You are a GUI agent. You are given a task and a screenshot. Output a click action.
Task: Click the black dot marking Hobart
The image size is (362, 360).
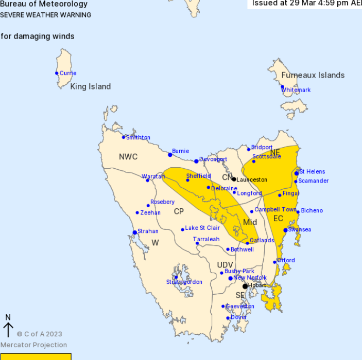[x=245, y=286]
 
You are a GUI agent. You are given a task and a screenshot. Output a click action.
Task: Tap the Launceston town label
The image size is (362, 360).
[x=252, y=179]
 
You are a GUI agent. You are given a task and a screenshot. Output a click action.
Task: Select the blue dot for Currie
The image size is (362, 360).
[x=57, y=73]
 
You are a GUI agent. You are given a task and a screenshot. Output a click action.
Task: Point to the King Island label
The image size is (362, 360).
[x=91, y=86]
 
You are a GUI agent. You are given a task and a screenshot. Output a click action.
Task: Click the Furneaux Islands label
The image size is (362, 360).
[x=313, y=75]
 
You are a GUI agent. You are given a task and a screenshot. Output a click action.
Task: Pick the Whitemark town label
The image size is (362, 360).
[x=296, y=90]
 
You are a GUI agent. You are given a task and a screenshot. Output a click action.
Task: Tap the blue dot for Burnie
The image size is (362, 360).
[x=170, y=154]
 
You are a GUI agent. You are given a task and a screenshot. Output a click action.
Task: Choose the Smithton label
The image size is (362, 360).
[x=138, y=137]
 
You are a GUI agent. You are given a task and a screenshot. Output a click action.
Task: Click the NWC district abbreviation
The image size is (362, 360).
[x=128, y=156]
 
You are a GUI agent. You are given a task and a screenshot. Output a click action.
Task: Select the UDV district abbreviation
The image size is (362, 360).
[x=225, y=265]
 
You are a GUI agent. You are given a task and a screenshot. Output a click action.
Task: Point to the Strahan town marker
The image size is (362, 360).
[x=135, y=232]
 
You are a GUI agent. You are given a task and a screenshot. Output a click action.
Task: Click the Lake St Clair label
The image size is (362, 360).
[x=202, y=228]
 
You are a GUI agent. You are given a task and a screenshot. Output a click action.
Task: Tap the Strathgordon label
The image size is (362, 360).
[x=184, y=282]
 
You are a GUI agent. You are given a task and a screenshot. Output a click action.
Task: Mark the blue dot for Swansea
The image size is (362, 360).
[x=285, y=230]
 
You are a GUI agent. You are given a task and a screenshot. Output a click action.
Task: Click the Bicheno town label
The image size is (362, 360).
[x=312, y=210]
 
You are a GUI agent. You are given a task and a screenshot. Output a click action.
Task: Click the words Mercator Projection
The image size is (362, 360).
[x=33, y=345]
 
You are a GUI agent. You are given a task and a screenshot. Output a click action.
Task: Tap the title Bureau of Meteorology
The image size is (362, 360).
[x=44, y=4]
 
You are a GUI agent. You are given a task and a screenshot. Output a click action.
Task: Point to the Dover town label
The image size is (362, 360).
[x=239, y=317]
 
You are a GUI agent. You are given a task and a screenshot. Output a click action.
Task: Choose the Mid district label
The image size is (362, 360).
[x=250, y=222]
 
